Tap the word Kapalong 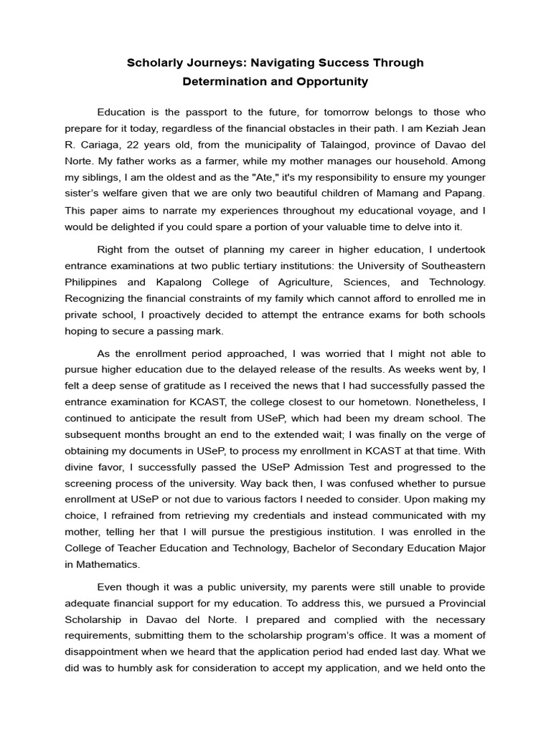tap(198, 282)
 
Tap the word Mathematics tap(111, 564)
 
